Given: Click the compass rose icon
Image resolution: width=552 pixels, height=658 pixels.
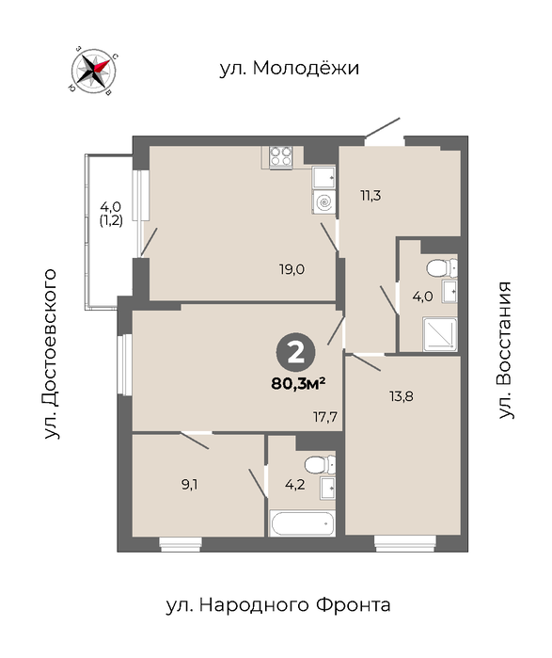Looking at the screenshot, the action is (x=93, y=70).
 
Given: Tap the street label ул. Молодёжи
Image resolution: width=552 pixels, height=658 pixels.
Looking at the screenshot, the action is (x=290, y=68).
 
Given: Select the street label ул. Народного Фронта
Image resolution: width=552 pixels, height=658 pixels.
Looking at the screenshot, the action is (x=278, y=605).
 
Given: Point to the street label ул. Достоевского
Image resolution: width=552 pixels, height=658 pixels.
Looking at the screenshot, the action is (x=50, y=354).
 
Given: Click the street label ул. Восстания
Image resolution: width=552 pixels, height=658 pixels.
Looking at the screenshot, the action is (x=505, y=350).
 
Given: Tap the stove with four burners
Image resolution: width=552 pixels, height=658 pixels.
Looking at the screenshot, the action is (x=281, y=156).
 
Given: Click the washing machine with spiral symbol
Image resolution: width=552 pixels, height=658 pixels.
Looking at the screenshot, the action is (x=323, y=202).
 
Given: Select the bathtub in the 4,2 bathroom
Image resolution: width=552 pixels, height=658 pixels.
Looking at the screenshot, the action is (x=302, y=522).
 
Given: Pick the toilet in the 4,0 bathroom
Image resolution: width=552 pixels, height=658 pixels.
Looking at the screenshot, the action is (x=441, y=267).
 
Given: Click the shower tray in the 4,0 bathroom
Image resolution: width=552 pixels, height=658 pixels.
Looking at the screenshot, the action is (x=440, y=334).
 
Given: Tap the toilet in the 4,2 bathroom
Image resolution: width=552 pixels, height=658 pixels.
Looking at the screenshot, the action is (x=320, y=464).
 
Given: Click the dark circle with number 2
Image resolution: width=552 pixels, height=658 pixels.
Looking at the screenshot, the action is (x=296, y=353).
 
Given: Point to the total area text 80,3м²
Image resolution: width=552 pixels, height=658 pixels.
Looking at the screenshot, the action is (x=299, y=383).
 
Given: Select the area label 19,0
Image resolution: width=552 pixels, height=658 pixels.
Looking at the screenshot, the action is (x=292, y=268).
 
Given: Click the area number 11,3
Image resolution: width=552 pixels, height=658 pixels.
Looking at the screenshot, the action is (x=371, y=195).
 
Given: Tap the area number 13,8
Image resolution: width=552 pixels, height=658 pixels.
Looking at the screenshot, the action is (x=402, y=395).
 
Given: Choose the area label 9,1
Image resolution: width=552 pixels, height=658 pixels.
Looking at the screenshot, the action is (x=189, y=485).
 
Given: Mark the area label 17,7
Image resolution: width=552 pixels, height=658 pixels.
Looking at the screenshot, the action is (x=325, y=417).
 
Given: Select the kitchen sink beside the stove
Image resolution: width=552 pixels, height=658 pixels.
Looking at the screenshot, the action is (x=323, y=178).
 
